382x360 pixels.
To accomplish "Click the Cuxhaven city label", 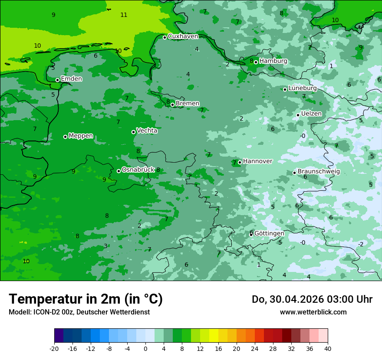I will pos(183,36).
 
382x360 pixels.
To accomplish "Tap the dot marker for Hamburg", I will pos(256,62).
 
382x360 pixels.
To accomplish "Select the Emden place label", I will pos(71,79).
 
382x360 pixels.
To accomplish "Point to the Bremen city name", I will pos(187,104).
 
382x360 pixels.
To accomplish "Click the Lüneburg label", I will pos(303,88).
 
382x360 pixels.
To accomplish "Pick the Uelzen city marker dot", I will pos(298,115).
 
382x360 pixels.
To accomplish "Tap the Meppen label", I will pos(81,136).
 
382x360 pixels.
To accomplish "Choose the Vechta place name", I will pos(147,131).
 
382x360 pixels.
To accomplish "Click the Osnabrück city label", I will pos(138,170).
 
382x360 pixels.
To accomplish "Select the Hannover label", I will pos(257,161).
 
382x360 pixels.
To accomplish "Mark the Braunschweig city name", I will pos(319,172).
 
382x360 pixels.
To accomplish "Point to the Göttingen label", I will pos(269,233).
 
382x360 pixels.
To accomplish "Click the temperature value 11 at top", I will pos(124,15).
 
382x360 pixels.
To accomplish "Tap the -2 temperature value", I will pos(360,244).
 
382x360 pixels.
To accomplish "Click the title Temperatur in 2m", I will pos(86,299).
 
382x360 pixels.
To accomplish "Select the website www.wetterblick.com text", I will pos(313,312).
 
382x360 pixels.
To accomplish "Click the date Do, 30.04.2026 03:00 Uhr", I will pos(312,299).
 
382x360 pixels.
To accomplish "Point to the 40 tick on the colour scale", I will pos(328,349).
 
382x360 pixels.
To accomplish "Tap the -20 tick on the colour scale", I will pos(54,349).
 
